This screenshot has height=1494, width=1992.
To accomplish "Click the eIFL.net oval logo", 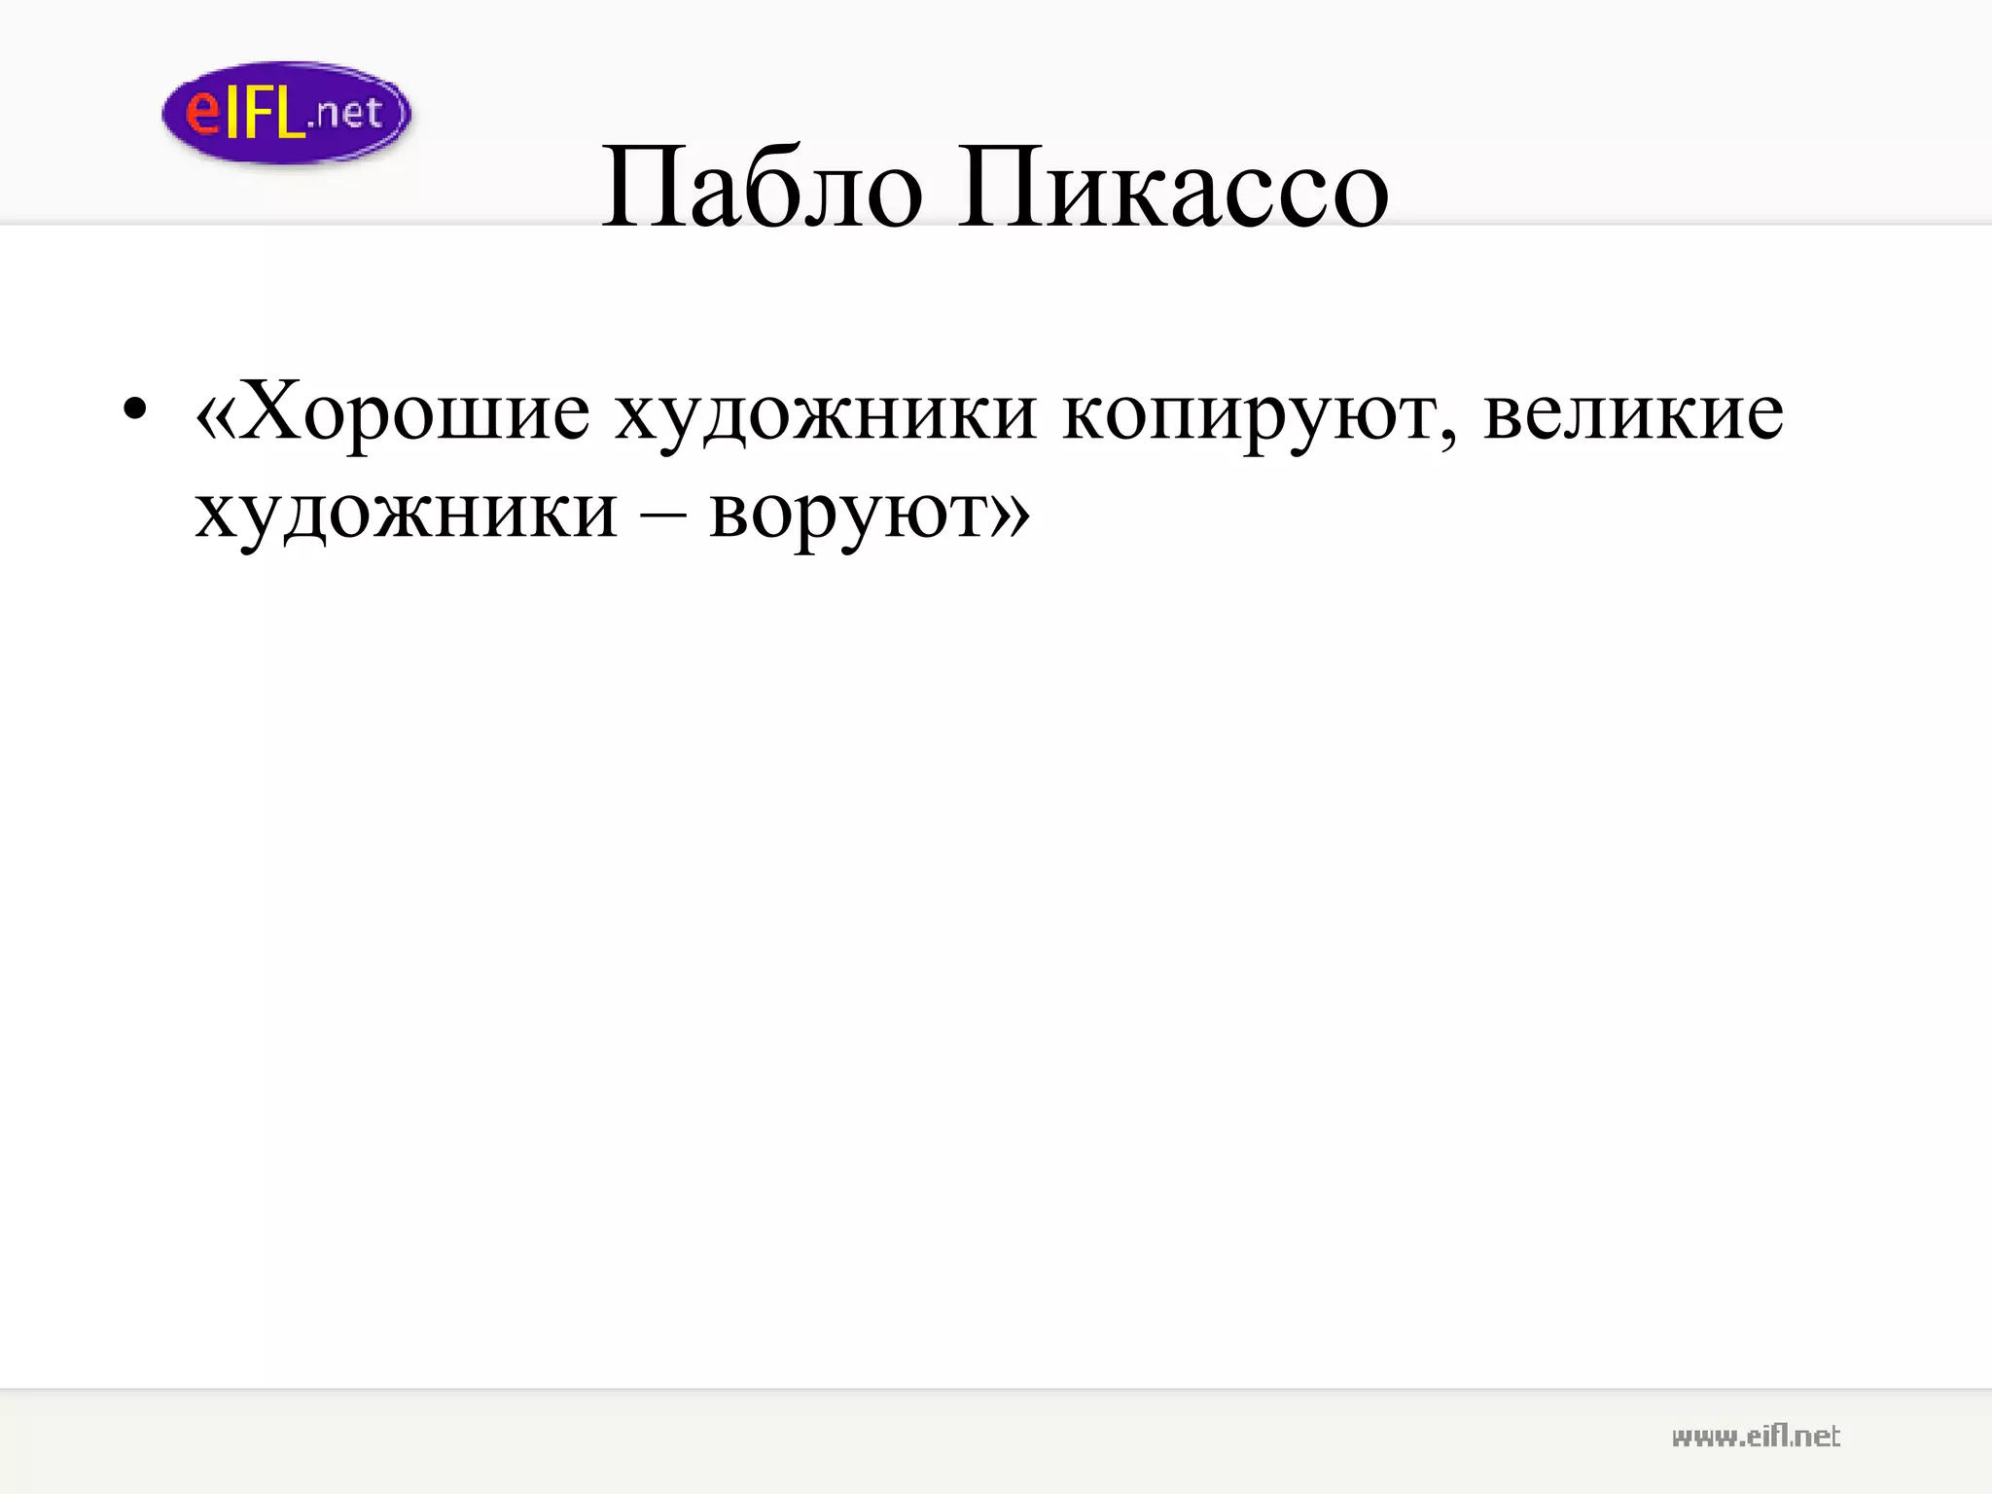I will coord(286,113).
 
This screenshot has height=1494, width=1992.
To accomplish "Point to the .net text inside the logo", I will coord(344,115).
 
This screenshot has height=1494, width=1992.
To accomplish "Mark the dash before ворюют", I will coord(662,514).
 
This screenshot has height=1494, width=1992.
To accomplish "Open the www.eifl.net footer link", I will coord(1756,1437).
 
